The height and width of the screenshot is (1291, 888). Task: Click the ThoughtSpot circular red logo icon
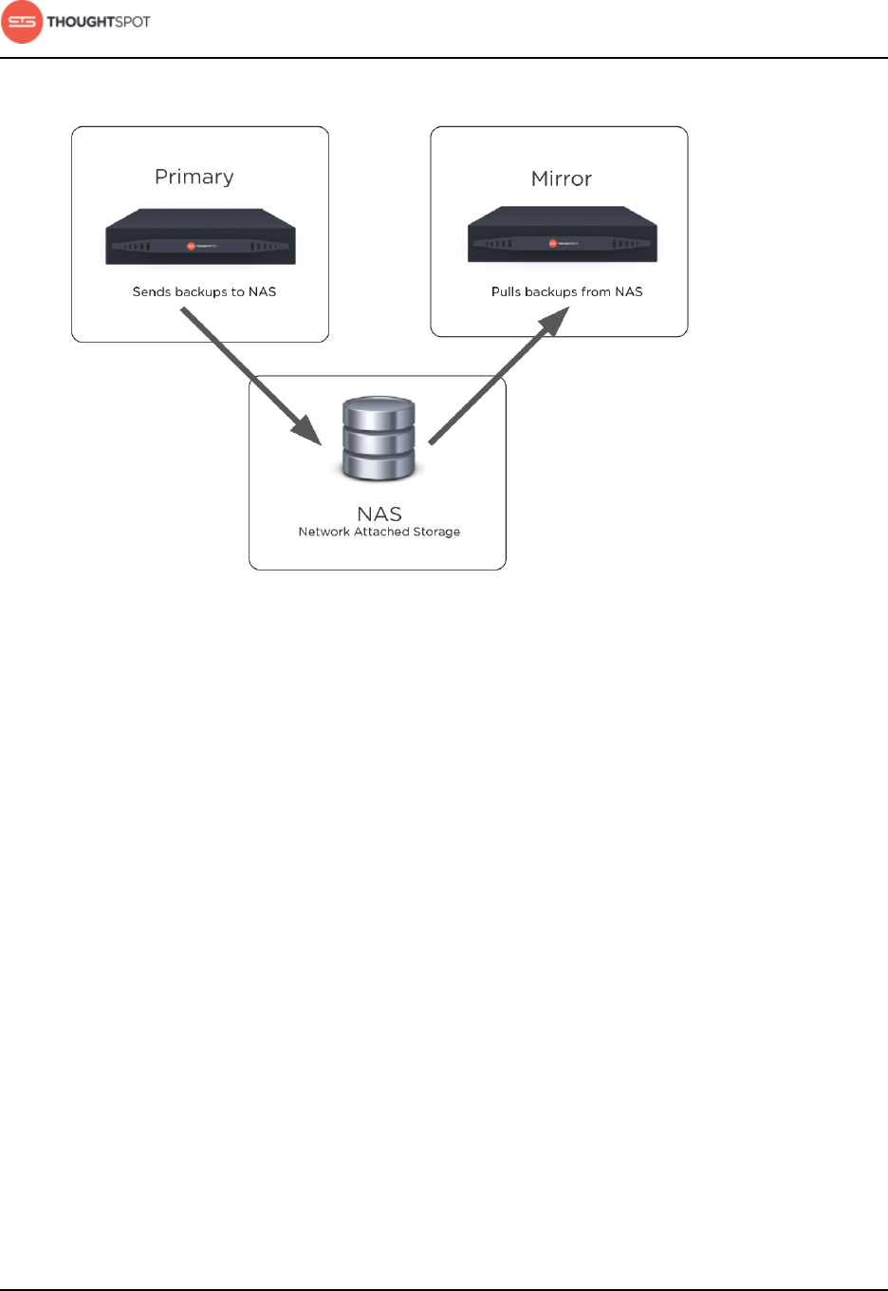pos(22,22)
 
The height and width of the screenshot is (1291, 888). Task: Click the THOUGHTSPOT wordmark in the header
pos(99,22)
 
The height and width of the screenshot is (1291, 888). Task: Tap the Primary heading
pos(194,177)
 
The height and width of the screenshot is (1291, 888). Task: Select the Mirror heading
pos(562,178)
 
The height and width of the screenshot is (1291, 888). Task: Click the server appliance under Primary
pos(200,237)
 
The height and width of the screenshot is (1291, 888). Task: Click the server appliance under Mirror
pos(563,235)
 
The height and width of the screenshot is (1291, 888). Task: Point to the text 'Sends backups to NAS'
pos(204,291)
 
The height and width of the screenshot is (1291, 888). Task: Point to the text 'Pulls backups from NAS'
pos(566,291)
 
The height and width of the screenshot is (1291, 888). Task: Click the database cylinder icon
pos(379,440)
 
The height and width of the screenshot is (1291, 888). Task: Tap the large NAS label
pos(379,514)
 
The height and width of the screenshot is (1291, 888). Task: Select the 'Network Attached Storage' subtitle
pos(379,532)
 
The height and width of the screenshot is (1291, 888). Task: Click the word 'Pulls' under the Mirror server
pos(506,291)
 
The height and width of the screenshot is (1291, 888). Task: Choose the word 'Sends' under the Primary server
pos(152,291)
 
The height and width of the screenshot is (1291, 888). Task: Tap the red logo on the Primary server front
pos(192,247)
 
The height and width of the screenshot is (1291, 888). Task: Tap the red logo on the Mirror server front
pos(553,244)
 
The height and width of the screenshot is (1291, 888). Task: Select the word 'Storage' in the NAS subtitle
pos(436,532)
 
